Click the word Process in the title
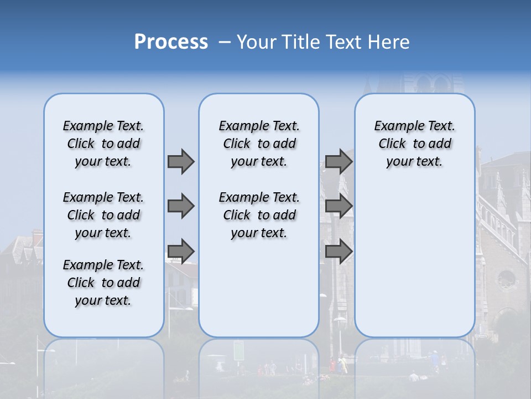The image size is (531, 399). (171, 42)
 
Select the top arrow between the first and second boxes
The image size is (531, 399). (181, 161)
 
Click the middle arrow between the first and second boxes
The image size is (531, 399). (181, 206)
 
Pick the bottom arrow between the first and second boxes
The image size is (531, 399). (181, 251)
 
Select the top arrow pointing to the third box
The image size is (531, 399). (339, 161)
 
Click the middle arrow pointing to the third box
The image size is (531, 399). (339, 206)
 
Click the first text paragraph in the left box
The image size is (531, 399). (103, 144)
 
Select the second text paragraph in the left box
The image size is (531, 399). (103, 215)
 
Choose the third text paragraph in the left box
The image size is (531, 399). (103, 283)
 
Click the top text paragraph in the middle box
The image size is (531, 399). (259, 144)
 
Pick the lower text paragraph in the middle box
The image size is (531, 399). (259, 215)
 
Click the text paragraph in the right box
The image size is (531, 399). (414, 144)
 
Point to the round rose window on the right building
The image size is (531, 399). (506, 280)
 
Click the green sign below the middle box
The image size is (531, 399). (238, 350)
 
